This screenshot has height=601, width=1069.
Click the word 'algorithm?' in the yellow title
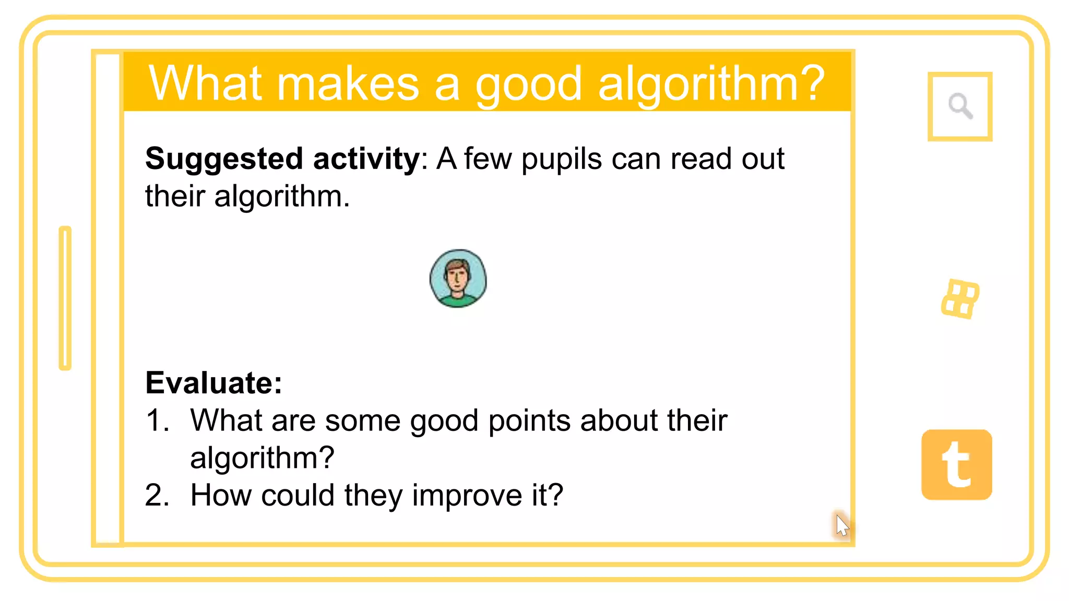point(711,85)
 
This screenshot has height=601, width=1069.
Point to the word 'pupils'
point(562,159)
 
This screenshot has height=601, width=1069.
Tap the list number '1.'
point(158,420)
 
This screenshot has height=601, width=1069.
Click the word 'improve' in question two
point(467,495)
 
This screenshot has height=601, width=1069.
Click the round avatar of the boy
point(458,279)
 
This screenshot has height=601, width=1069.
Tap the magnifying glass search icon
point(960,106)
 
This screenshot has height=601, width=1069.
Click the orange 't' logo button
point(957,465)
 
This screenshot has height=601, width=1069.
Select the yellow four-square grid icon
point(960,299)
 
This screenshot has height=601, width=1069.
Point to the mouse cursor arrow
point(841,524)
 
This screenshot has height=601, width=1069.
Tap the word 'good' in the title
point(528,85)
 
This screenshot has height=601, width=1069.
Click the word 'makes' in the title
point(348,85)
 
